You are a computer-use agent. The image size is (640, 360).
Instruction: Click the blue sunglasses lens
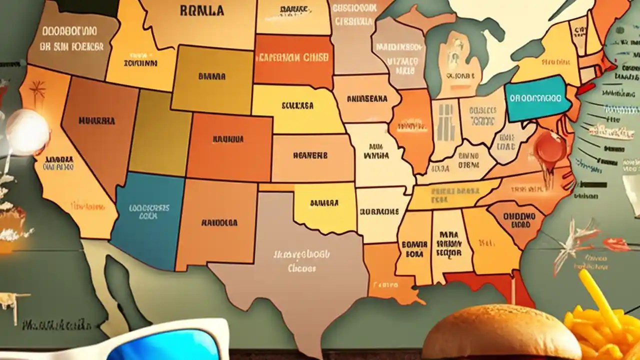tap(165, 347)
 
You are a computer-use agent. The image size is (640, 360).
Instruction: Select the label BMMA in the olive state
tap(211, 77)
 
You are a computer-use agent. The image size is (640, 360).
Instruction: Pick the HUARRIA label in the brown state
tap(96, 121)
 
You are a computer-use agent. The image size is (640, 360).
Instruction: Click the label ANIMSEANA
tap(366, 99)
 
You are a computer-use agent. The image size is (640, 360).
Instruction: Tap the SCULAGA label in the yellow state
tap(297, 106)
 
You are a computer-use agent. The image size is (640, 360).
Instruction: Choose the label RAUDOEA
tap(219, 223)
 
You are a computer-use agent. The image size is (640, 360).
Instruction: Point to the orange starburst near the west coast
tap(37, 90)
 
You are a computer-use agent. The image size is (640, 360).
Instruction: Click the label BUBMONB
tap(379, 211)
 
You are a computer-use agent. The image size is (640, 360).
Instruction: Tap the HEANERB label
tap(310, 156)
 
